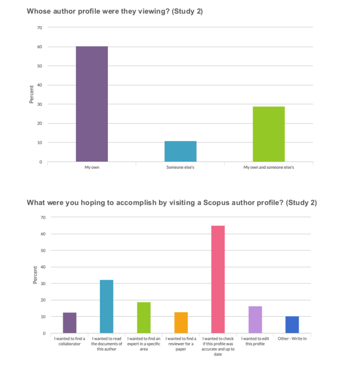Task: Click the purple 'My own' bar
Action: (92, 104)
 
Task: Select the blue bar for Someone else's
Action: (180, 152)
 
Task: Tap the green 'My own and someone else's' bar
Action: (269, 134)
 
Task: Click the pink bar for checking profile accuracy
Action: (218, 279)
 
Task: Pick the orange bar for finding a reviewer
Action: (181, 323)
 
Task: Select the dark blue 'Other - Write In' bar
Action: (292, 325)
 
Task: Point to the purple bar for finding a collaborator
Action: (70, 323)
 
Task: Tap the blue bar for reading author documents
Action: (107, 306)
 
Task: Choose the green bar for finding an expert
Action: (144, 317)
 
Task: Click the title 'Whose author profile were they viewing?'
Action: (115, 11)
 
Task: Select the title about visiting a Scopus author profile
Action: (172, 203)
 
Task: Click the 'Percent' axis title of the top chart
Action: (31, 94)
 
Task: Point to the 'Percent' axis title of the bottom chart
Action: (35, 275)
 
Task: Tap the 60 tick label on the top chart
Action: (40, 47)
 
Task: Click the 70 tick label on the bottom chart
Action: (43, 217)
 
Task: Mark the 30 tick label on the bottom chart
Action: (43, 283)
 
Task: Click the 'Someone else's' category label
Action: (180, 167)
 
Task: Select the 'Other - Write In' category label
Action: (292, 339)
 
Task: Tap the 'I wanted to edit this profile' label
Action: (255, 341)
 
